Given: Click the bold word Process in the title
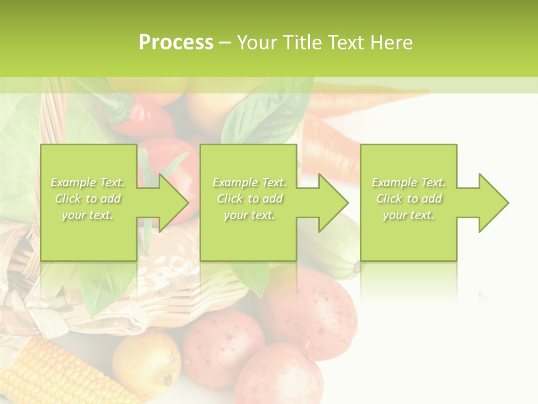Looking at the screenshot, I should [176, 43].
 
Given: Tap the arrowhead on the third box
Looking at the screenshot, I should [493, 203].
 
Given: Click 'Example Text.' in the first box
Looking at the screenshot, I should [88, 182].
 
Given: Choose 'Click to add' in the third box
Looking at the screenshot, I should [409, 199].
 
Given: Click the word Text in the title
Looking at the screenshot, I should [345, 43].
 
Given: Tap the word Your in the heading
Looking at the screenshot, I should [257, 43].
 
